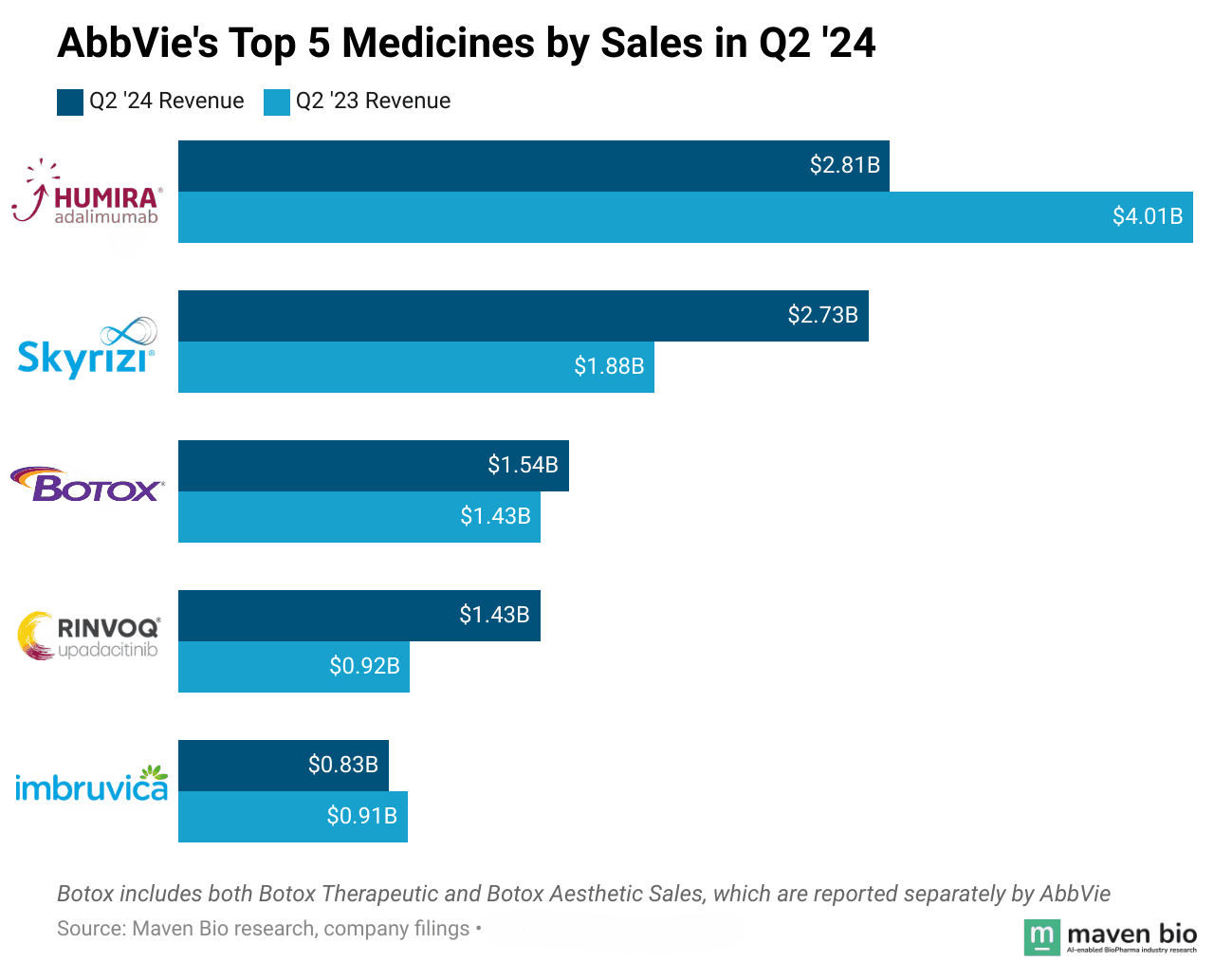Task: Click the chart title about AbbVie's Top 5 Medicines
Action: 466,44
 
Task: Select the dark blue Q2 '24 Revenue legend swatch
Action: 70,102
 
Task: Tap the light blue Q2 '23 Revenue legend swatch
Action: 277,102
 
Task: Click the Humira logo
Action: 86,193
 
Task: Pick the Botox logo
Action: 87,485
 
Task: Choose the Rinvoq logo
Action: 89,636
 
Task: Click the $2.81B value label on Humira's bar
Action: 844,165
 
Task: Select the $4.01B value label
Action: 1148,216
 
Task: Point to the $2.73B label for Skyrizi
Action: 822,315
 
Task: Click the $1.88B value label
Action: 609,366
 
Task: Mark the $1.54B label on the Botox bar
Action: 523,465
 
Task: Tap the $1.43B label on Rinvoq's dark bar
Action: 494,615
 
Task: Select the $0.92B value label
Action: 364,666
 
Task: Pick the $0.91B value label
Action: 361,816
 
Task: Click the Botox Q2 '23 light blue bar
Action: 313,516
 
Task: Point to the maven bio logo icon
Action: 1041,937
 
